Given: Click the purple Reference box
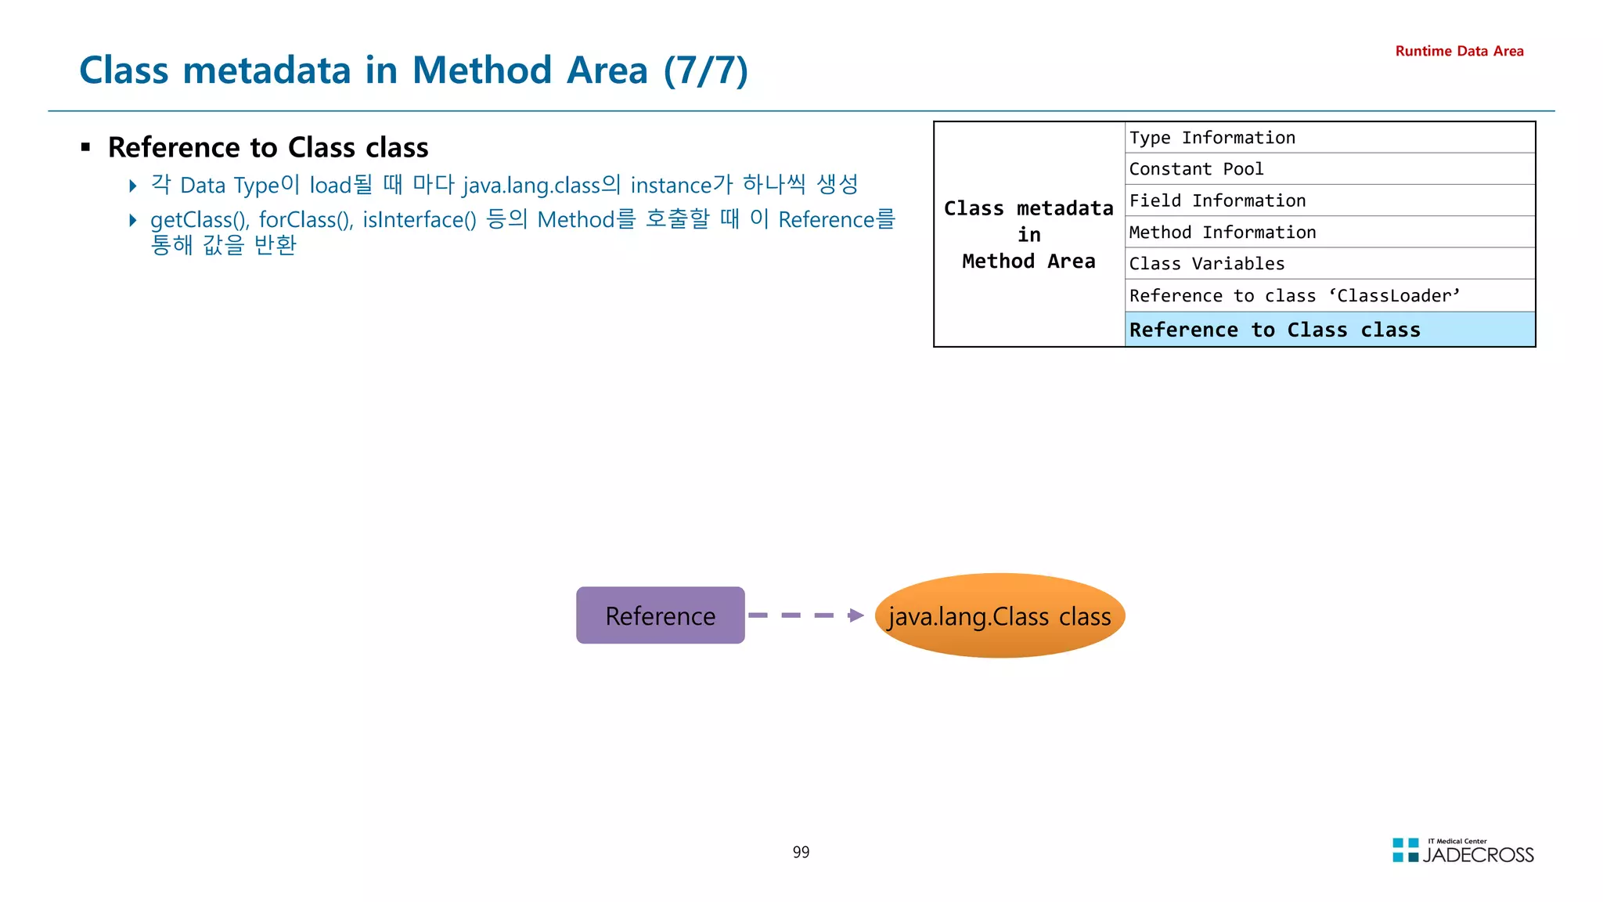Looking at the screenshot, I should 660,615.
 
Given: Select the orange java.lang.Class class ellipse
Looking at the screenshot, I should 1000,615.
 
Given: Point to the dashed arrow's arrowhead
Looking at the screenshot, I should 856,615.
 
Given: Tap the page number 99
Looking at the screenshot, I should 801,852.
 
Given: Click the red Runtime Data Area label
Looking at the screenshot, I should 1459,51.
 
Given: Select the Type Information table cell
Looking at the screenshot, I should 1329,138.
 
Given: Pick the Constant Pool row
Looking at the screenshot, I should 1329,169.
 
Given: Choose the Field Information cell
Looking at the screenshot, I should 1329,200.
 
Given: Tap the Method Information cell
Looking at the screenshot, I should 1329,233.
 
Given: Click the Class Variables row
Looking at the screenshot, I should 1329,264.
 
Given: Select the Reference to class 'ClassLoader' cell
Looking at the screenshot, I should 1329,296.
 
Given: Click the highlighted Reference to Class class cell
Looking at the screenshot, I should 1329,330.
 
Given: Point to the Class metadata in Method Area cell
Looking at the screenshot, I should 1028,234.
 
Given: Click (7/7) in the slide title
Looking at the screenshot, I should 705,70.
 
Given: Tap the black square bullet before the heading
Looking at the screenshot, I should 86,147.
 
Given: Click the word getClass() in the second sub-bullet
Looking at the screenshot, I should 200,220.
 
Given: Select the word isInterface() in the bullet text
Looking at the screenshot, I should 419,220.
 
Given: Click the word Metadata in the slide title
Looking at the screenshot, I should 266,70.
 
